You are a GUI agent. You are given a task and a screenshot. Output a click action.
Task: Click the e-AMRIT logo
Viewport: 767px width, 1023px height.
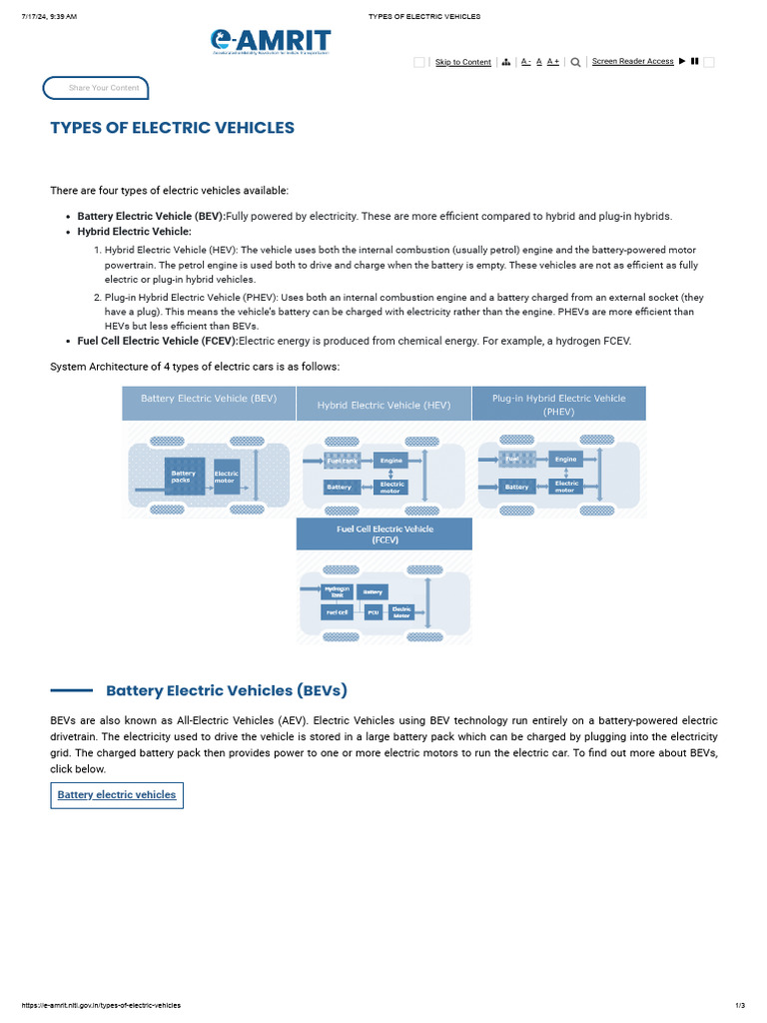[270, 41]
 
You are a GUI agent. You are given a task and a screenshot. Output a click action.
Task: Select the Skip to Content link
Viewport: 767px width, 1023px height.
[462, 62]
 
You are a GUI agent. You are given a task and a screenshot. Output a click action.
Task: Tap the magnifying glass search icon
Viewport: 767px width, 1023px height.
[575, 62]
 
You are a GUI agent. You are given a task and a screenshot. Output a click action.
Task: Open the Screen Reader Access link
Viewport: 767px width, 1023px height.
[632, 61]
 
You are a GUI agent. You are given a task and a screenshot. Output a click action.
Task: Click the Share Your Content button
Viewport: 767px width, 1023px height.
[96, 88]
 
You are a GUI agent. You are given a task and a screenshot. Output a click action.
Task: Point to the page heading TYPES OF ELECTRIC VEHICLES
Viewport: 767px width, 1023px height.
[173, 128]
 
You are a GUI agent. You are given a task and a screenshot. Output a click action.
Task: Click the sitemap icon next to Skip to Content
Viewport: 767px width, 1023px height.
[506, 62]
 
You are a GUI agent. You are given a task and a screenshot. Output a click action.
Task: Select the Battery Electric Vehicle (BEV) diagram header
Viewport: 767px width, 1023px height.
[209, 399]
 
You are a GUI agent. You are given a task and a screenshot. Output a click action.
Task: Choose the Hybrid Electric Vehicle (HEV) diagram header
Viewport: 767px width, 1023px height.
[383, 405]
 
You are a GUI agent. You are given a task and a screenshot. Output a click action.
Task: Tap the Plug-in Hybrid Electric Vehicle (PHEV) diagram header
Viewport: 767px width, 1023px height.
[558, 404]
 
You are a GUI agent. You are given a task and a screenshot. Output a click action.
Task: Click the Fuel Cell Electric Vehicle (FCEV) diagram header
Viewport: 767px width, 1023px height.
[384, 534]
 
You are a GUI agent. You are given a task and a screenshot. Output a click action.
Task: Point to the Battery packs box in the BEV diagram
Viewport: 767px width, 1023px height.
[185, 477]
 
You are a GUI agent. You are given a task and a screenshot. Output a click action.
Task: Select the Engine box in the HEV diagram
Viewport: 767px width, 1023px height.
[390, 461]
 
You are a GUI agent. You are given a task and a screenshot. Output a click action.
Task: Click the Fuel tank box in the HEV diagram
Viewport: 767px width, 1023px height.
[343, 461]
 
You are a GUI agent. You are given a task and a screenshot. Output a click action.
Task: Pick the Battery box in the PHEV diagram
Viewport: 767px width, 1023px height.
[517, 487]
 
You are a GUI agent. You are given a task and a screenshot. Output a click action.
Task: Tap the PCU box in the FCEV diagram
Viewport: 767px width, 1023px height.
[374, 611]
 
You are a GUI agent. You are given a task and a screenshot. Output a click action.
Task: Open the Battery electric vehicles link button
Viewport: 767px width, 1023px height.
[117, 795]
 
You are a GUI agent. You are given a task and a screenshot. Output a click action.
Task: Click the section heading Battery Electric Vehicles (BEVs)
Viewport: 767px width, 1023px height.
[227, 690]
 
